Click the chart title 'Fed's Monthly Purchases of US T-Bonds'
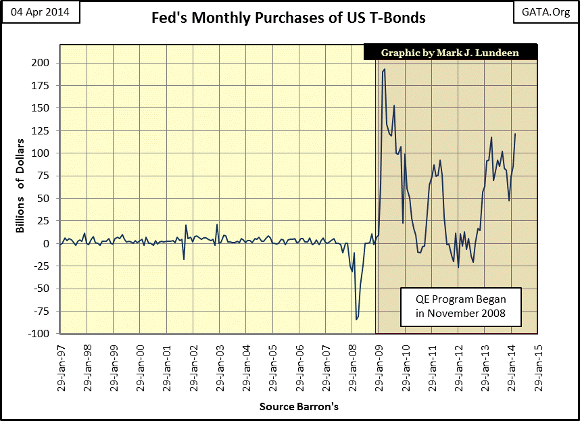coord(289,18)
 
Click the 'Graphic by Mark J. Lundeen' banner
coord(450,53)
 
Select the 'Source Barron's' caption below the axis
coord(298,407)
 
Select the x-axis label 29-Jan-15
coord(537,365)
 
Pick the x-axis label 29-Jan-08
coord(352,365)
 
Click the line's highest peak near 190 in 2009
coord(384,69)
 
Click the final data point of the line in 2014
coord(515,134)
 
